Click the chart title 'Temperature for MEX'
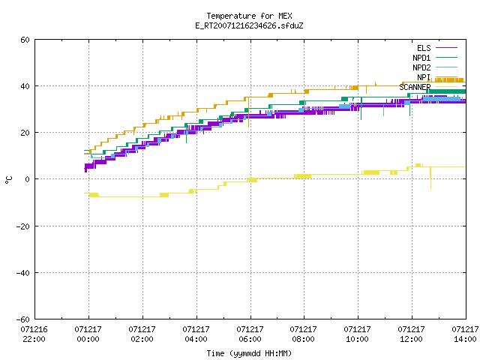(249, 16)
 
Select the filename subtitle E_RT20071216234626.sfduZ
(249, 25)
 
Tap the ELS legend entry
(437, 48)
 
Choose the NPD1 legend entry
(435, 58)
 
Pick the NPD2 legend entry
(435, 67)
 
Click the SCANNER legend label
(415, 87)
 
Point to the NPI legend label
(424, 77)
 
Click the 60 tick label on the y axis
(25, 40)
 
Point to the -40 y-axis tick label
(23, 273)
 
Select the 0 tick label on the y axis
(28, 179)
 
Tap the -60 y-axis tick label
(23, 319)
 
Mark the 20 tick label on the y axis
(25, 133)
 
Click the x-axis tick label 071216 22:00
(34, 334)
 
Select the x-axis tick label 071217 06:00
(250, 334)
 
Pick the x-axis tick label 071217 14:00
(465, 334)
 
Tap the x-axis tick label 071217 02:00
(142, 334)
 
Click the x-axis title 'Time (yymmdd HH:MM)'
(249, 353)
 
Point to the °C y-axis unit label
(8, 180)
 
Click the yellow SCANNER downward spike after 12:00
(430, 178)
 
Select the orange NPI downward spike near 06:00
(248, 112)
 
